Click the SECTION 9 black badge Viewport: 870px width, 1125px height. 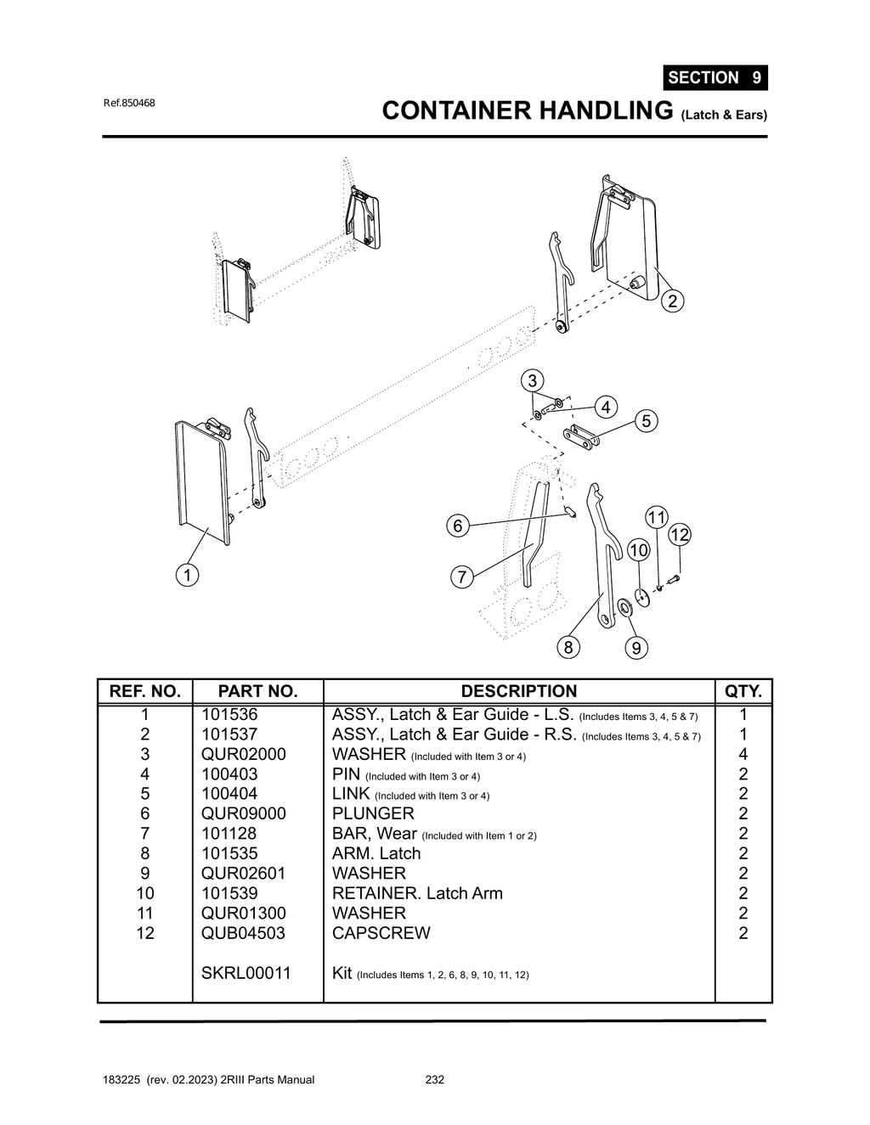tap(715, 77)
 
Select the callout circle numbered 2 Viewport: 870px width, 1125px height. tap(672, 301)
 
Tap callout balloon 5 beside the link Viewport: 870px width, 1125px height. tap(647, 420)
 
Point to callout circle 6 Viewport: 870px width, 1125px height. tap(458, 526)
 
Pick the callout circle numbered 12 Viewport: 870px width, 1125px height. tap(679, 535)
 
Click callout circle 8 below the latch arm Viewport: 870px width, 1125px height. tap(568, 647)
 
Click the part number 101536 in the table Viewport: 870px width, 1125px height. tap(229, 715)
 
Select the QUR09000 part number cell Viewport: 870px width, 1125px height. tap(243, 813)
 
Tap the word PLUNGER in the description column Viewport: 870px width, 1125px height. tap(372, 813)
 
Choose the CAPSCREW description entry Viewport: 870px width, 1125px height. tap(381, 933)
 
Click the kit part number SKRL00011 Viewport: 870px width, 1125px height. tap(246, 973)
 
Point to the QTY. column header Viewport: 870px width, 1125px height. tap(743, 691)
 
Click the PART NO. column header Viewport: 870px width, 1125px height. tap(257, 691)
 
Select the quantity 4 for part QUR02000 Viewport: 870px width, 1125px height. tap(743, 754)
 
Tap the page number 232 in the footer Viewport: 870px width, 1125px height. tap(434, 1080)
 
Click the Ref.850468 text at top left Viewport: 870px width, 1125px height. tap(129, 104)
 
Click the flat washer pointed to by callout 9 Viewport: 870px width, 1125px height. tap(625, 606)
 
